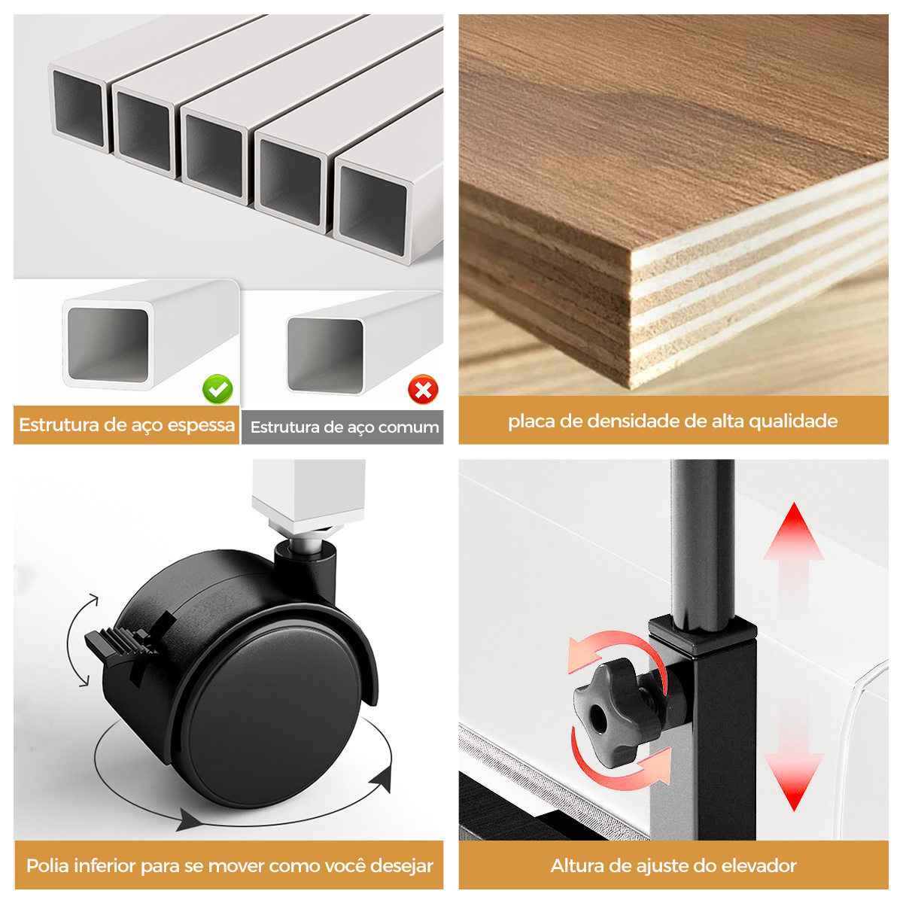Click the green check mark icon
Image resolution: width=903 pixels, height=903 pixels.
coord(217,389)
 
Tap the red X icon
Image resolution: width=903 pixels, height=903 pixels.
coord(423,390)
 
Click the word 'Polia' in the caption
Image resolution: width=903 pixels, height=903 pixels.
coord(50,865)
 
